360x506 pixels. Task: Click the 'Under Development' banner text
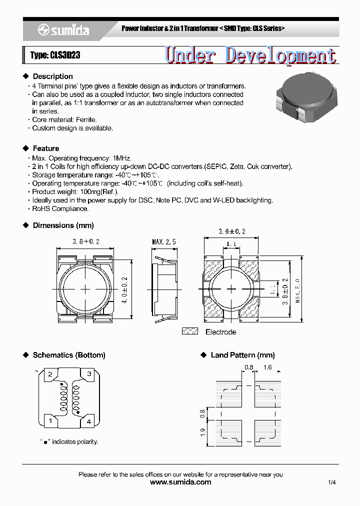pyautogui.click(x=250, y=55)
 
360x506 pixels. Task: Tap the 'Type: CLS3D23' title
pyautogui.click(x=55, y=55)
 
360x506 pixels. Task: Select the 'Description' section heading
pyautogui.click(x=52, y=76)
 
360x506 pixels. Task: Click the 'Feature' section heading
pyautogui.click(x=45, y=148)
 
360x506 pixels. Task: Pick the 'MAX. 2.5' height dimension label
pyautogui.click(x=164, y=242)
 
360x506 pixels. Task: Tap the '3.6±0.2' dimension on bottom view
pyautogui.click(x=232, y=231)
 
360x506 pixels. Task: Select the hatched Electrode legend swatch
pyautogui.click(x=189, y=331)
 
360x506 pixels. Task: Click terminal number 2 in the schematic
pyautogui.click(x=50, y=374)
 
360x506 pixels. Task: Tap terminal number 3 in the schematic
pyautogui.click(x=89, y=374)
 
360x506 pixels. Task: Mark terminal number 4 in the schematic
pyautogui.click(x=89, y=422)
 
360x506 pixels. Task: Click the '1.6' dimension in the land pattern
pyautogui.click(x=267, y=367)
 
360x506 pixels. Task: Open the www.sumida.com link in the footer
pyautogui.click(x=180, y=482)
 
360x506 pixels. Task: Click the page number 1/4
pyautogui.click(x=332, y=482)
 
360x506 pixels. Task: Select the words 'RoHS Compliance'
pyautogui.click(x=60, y=209)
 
